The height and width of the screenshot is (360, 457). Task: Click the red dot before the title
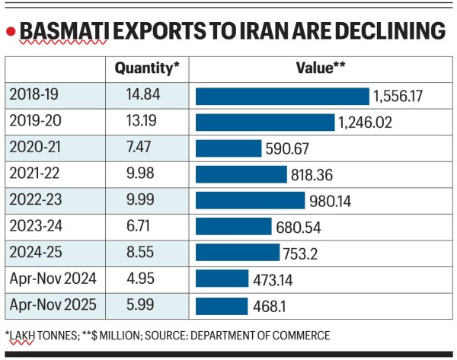(10, 33)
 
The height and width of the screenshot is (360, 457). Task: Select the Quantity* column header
(147, 68)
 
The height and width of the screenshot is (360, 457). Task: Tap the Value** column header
(320, 68)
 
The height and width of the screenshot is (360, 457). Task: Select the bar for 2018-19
(283, 96)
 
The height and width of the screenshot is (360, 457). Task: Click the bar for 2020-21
(228, 148)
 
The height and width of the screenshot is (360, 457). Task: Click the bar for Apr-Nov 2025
(222, 306)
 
